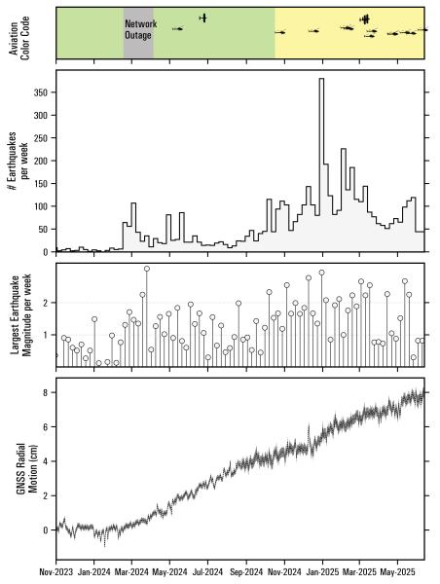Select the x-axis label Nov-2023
pos(55,574)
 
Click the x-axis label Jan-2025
pos(324,574)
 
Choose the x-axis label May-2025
pos(397,574)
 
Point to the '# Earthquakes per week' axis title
pos(18,161)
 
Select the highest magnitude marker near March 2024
pos(147,269)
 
